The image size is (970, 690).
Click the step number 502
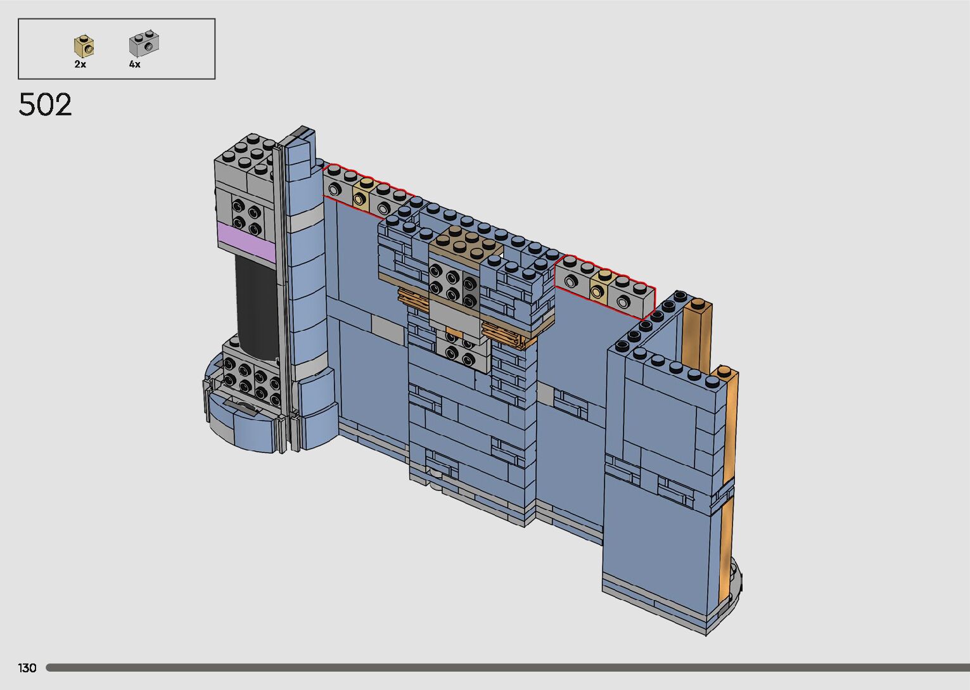[x=45, y=105]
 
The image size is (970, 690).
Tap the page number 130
[x=27, y=668]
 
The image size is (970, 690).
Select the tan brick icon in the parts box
[x=84, y=46]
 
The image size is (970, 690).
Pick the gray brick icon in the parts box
[x=144, y=43]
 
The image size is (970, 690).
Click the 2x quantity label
[x=80, y=65]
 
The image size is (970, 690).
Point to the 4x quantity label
[x=135, y=65]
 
